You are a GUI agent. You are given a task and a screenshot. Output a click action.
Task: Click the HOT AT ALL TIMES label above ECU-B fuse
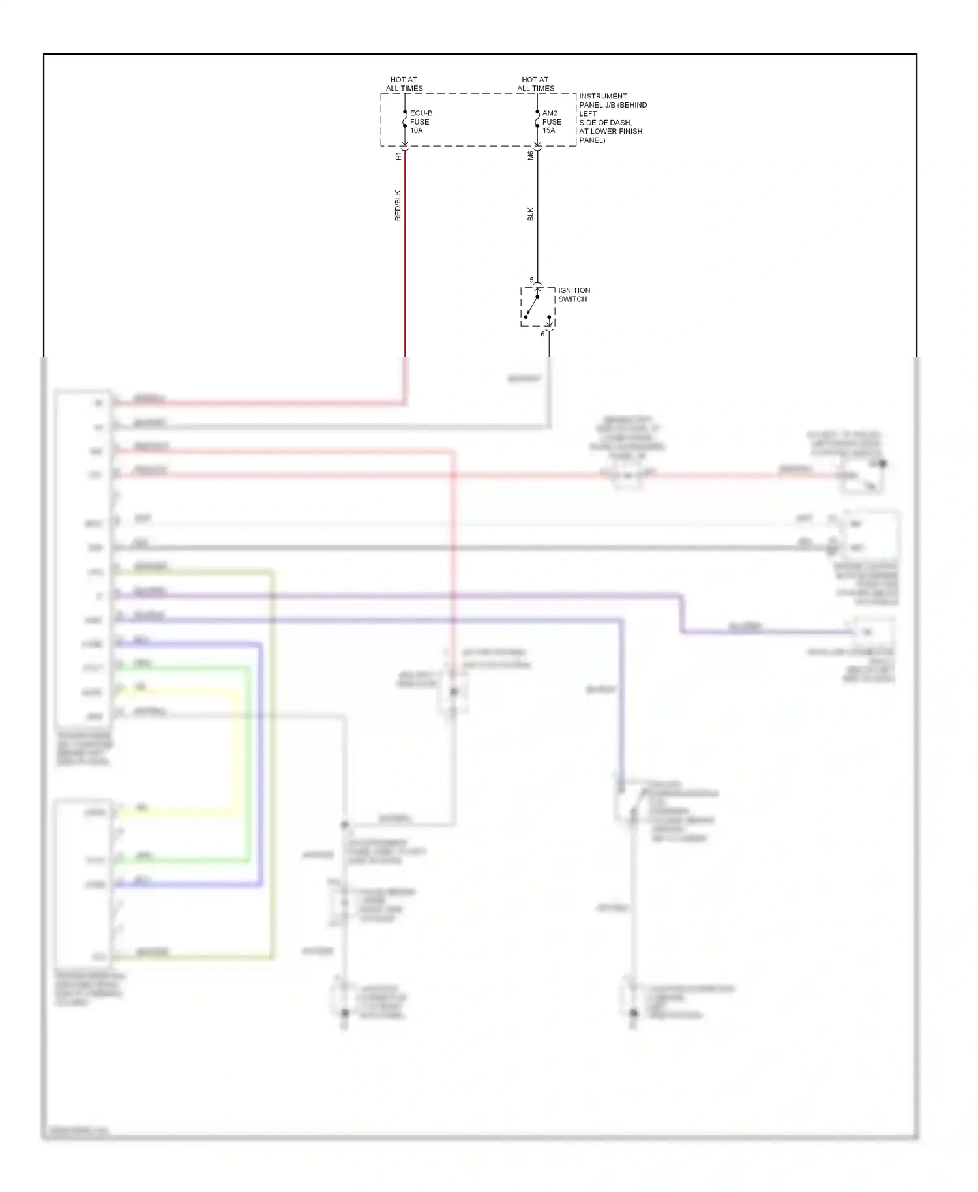click(x=404, y=84)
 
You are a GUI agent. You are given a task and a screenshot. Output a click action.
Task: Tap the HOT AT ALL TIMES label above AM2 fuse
click(x=535, y=84)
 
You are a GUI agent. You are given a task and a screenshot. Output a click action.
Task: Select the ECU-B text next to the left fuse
click(x=421, y=113)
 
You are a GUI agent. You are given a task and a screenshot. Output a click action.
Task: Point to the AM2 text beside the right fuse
click(x=550, y=113)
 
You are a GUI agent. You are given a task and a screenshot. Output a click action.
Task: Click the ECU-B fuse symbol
click(x=405, y=119)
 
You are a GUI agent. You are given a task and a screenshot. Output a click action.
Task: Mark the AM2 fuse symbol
click(x=537, y=119)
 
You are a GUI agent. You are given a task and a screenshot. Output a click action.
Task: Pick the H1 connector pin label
click(x=398, y=156)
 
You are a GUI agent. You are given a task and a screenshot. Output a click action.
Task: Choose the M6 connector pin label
click(x=530, y=156)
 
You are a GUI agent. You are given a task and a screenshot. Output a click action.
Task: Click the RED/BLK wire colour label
click(x=398, y=205)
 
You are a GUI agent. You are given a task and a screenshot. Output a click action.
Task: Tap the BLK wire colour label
click(x=530, y=214)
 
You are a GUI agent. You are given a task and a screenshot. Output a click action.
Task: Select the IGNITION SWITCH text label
click(x=574, y=295)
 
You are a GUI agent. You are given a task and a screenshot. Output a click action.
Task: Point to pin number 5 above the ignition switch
click(x=531, y=280)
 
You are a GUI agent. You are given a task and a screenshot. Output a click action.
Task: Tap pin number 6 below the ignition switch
click(x=542, y=334)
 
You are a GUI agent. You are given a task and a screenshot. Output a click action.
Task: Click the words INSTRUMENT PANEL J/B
click(x=603, y=100)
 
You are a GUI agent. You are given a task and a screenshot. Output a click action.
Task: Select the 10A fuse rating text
click(x=416, y=130)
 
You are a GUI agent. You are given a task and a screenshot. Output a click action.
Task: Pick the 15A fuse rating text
click(x=549, y=130)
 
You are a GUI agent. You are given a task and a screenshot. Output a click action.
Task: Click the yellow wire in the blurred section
click(x=233, y=750)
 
